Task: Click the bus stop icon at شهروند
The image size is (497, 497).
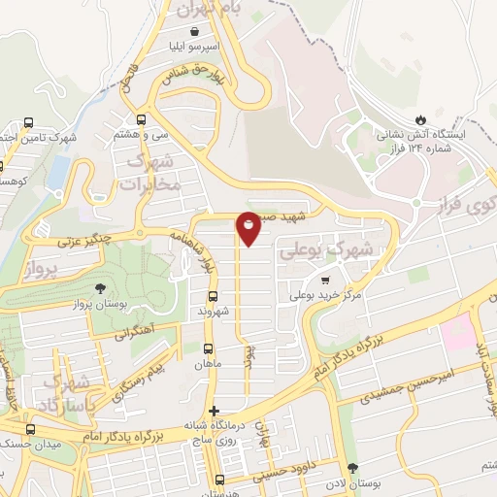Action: tap(213, 297)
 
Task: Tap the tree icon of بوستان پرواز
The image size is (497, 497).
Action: tap(100, 288)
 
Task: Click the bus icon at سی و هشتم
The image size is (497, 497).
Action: tap(142, 120)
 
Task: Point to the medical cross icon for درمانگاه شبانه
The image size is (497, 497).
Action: tap(214, 411)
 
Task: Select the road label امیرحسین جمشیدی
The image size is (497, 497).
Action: tap(398, 385)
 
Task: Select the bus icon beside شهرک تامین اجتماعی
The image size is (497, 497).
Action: tap(29, 123)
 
